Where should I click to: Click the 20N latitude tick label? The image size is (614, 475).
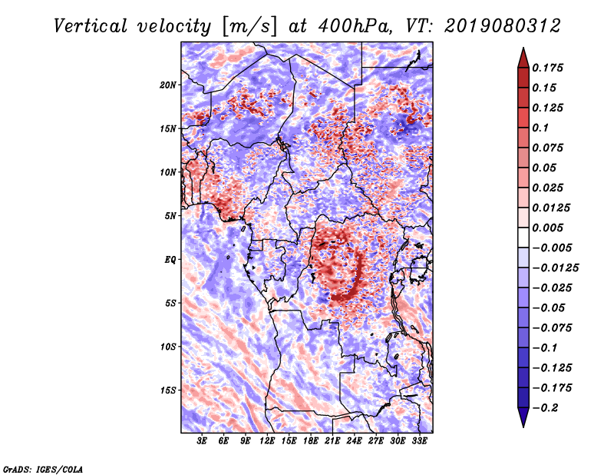[168, 85]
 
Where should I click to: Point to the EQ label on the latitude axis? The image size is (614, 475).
[170, 260]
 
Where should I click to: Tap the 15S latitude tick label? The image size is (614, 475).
[168, 390]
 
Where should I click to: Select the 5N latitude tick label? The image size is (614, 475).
[170, 216]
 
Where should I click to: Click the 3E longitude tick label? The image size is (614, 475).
[202, 441]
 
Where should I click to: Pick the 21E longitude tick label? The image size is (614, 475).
[332, 441]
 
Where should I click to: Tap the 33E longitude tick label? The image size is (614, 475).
[419, 441]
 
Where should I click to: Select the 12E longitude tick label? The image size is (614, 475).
[267, 441]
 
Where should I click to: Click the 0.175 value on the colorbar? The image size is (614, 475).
[547, 68]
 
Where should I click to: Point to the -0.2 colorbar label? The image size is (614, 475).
[545, 408]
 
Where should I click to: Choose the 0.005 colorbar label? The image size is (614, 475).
[547, 228]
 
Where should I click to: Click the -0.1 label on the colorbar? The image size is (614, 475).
[545, 348]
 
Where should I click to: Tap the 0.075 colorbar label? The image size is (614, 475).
[547, 148]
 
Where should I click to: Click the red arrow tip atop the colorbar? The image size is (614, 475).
[523, 48]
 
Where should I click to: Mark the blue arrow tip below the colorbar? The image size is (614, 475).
[523, 427]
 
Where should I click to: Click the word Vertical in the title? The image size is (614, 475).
[91, 26]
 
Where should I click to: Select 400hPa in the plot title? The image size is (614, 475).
[355, 26]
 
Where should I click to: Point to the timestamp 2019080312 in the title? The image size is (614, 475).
[503, 26]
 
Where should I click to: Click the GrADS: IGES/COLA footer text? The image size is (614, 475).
[43, 469]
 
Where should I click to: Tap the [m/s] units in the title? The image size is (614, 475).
[249, 27]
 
